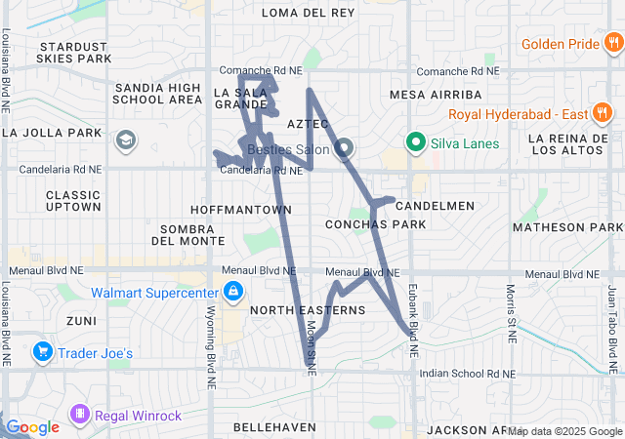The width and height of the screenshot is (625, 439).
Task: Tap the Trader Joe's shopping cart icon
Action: [x=42, y=351]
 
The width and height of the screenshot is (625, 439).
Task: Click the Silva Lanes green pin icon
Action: [x=414, y=143]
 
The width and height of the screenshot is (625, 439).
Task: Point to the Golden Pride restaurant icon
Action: [x=611, y=44]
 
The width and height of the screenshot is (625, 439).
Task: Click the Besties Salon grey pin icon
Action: [x=344, y=149]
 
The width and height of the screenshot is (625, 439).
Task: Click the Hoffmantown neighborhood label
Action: [x=241, y=210]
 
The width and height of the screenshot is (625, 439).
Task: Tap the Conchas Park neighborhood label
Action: [x=375, y=224]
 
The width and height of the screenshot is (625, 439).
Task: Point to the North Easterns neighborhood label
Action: [x=307, y=310]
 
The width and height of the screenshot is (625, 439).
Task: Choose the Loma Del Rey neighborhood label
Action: [x=310, y=13]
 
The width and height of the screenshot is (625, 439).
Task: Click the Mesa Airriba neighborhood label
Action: [x=436, y=95]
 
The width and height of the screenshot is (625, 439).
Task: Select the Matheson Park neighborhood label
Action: [x=566, y=228]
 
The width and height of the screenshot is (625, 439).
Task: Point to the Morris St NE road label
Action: [x=511, y=313]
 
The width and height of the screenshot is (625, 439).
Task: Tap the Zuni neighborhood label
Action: [x=82, y=320]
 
